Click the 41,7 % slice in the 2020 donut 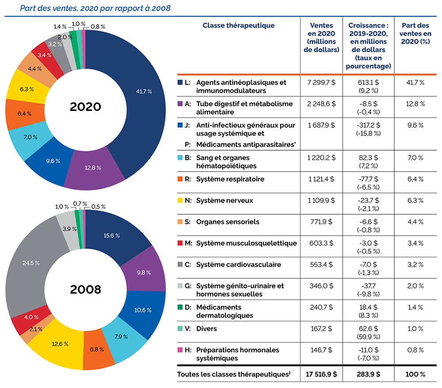[144, 92]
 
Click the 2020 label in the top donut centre [85, 107]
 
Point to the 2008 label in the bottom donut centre [85, 289]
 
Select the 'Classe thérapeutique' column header [238, 25]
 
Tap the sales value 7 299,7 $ [321, 83]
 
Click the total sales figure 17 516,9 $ [321, 374]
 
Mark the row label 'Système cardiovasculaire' [238, 264]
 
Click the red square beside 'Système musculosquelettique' [180, 243]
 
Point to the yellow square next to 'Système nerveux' [180, 200]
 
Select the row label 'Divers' [207, 329]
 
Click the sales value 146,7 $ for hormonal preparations [321, 350]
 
